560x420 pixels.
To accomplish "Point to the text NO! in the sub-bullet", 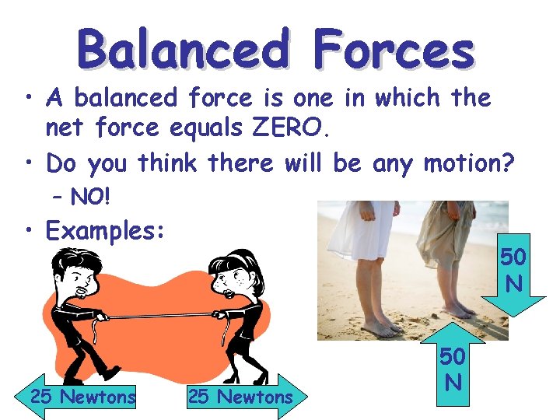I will point(91,198).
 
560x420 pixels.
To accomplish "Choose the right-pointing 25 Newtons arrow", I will point(243,397).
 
